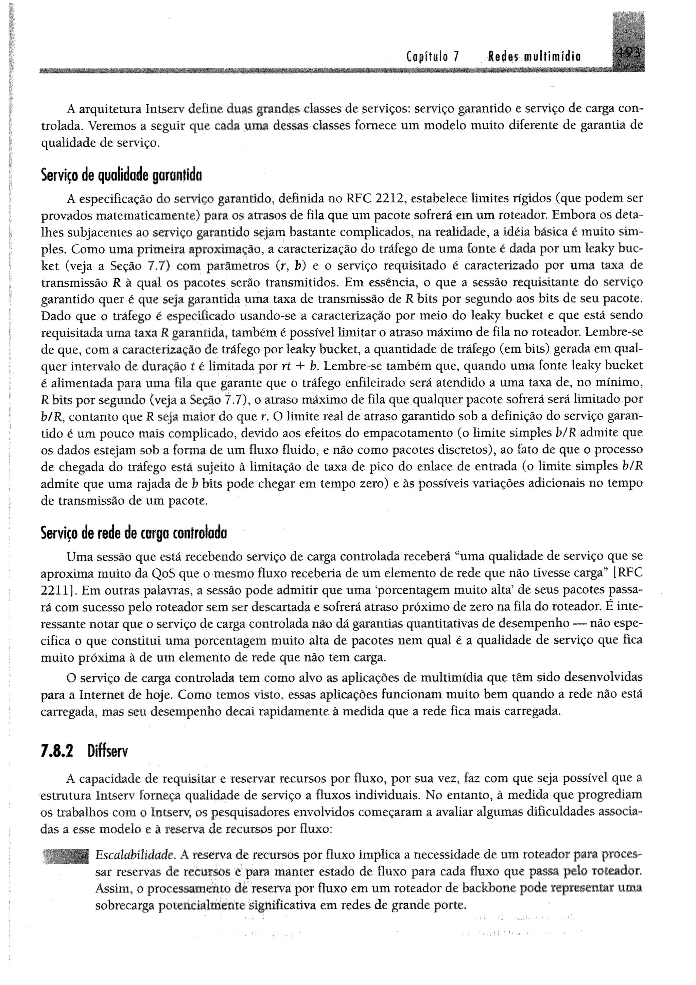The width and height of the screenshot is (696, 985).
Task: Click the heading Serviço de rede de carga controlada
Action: pyautogui.click(x=133, y=533)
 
